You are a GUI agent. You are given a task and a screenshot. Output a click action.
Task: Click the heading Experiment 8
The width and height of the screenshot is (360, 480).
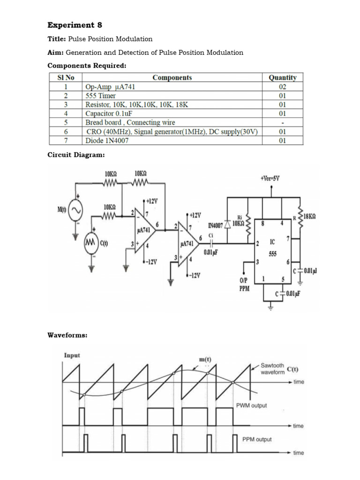click(x=75, y=25)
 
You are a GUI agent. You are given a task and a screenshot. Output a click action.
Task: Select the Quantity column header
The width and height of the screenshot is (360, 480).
click(x=282, y=78)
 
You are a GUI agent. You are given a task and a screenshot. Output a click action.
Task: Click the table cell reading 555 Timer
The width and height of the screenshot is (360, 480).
click(x=100, y=96)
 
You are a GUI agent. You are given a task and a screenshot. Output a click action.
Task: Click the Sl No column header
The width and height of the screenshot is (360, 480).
click(x=66, y=78)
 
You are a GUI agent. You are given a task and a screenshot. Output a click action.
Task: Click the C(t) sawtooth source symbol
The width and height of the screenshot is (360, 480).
click(x=90, y=243)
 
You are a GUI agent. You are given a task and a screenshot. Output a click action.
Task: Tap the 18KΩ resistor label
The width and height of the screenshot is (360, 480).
click(x=309, y=217)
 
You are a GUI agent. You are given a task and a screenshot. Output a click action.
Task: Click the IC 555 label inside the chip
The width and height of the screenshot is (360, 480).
click(x=272, y=248)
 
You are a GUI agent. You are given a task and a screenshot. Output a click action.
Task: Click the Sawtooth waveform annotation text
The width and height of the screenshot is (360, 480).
click(x=272, y=369)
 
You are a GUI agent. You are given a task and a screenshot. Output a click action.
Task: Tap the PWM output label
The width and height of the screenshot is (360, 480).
click(x=251, y=405)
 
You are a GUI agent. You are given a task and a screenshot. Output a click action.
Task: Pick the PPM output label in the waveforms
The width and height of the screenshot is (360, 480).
click(x=256, y=439)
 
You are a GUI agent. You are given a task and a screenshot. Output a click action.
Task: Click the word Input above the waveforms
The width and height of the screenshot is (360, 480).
click(x=72, y=355)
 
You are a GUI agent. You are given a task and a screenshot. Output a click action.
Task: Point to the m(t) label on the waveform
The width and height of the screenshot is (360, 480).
click(x=205, y=360)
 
